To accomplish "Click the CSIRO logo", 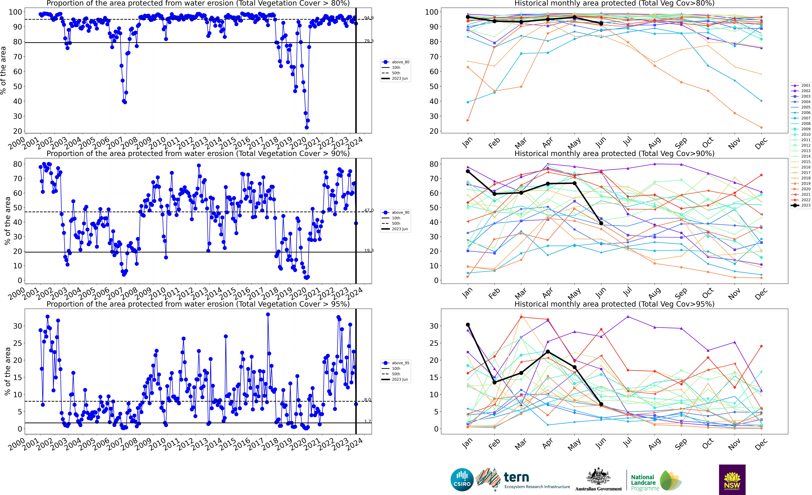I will click(x=462, y=479).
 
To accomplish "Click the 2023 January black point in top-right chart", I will click(x=468, y=17).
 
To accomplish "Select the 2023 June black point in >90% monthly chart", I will click(x=601, y=223).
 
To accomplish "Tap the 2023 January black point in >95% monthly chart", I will click(x=468, y=325).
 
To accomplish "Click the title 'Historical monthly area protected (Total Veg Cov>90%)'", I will click(x=614, y=153).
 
